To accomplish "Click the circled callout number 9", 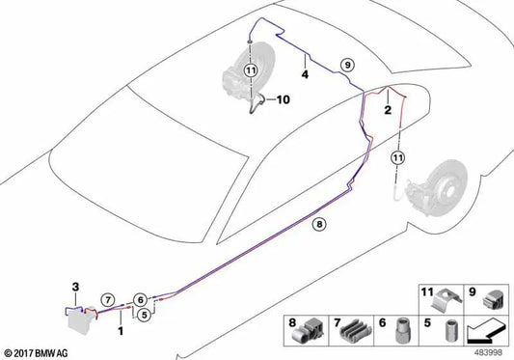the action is pyautogui.click(x=347, y=65).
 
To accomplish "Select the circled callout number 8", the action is pyautogui.click(x=319, y=224).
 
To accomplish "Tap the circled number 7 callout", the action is pyautogui.click(x=108, y=299).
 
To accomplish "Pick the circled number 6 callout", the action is pyautogui.click(x=140, y=299).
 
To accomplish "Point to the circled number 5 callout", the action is pyautogui.click(x=144, y=315).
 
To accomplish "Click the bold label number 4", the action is pyautogui.click(x=305, y=74).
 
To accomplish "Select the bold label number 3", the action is pyautogui.click(x=76, y=287).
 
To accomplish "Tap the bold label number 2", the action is pyautogui.click(x=388, y=110).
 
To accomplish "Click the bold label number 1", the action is pyautogui.click(x=121, y=331).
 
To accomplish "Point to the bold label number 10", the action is pyautogui.click(x=284, y=99).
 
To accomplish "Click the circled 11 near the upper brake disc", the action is pyautogui.click(x=251, y=70).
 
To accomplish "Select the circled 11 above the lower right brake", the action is pyautogui.click(x=398, y=158).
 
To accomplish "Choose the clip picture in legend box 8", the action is pyautogui.click(x=308, y=331).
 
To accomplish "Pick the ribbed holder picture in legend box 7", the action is pyautogui.click(x=356, y=331).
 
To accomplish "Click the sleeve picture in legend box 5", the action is pyautogui.click(x=451, y=331).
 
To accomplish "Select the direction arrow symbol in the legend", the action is pyautogui.click(x=487, y=331).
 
